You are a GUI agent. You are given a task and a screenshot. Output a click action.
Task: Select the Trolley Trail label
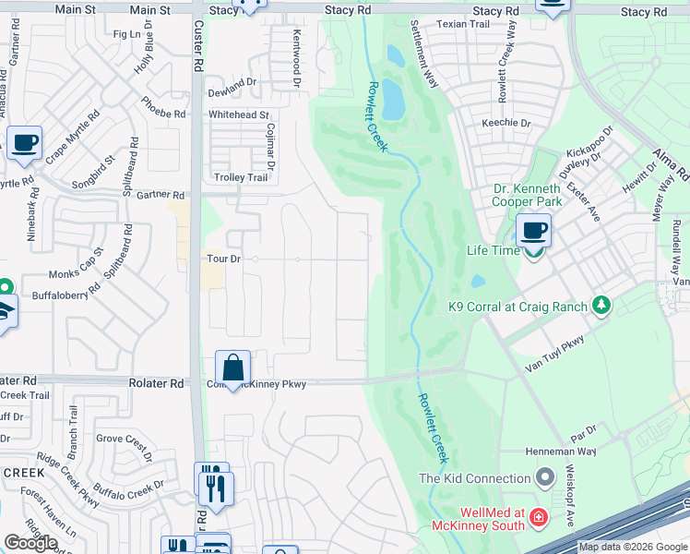tap(240, 178)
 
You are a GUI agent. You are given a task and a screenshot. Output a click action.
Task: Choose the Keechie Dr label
tap(506, 123)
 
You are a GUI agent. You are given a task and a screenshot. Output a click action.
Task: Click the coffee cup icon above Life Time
tap(533, 230)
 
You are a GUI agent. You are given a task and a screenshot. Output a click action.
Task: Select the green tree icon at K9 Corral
tap(602, 305)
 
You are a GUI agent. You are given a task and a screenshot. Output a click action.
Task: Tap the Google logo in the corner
tap(30, 543)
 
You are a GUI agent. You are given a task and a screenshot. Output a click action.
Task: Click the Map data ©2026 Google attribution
tap(633, 547)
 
